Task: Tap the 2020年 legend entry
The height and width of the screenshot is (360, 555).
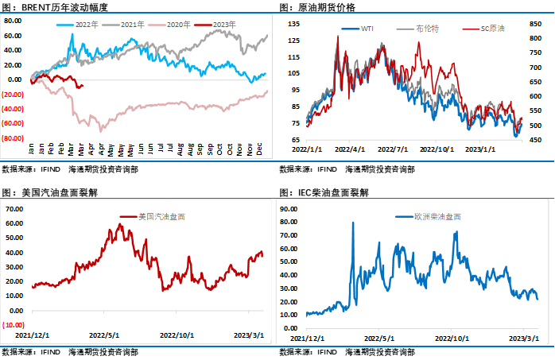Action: tap(177, 25)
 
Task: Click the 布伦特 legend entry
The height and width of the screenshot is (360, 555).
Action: tap(427, 29)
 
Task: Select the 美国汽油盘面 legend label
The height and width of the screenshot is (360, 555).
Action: tap(157, 216)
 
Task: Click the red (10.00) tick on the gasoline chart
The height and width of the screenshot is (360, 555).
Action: tap(14, 324)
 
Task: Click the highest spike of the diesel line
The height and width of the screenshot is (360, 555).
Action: tap(352, 223)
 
